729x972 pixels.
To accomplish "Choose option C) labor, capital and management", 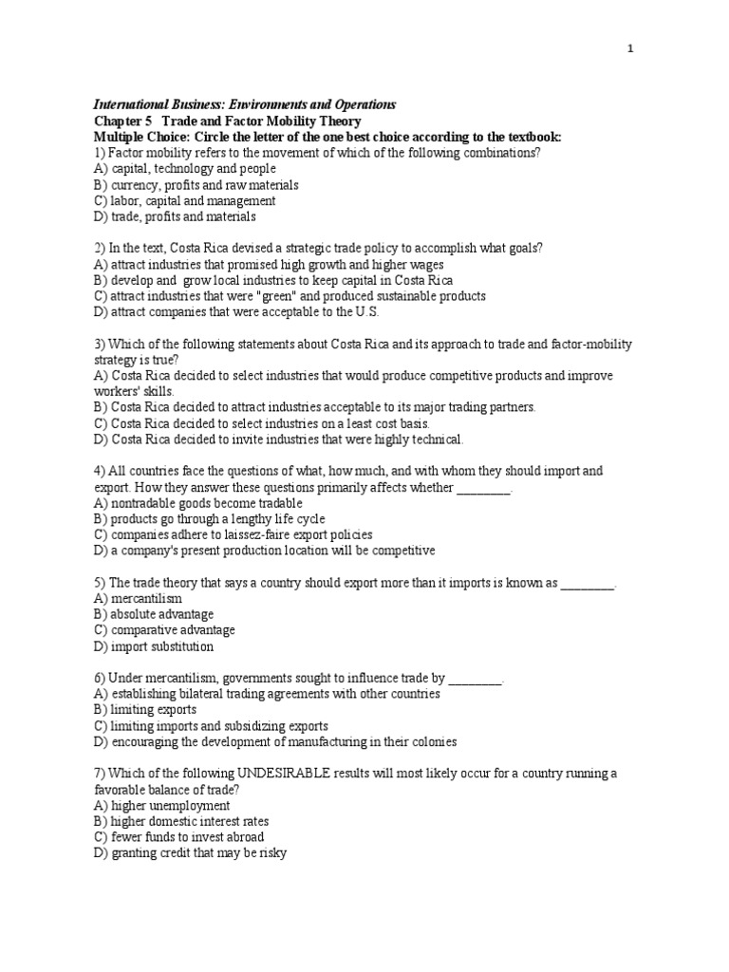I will tap(185, 201).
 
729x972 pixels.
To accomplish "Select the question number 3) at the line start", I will tap(100, 344).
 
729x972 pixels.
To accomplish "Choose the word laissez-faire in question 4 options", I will tap(255, 534).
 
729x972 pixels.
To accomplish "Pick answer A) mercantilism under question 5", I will tap(138, 599).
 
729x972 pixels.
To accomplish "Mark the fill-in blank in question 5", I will tap(588, 583).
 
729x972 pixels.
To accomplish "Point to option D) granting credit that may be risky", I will tap(190, 853).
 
